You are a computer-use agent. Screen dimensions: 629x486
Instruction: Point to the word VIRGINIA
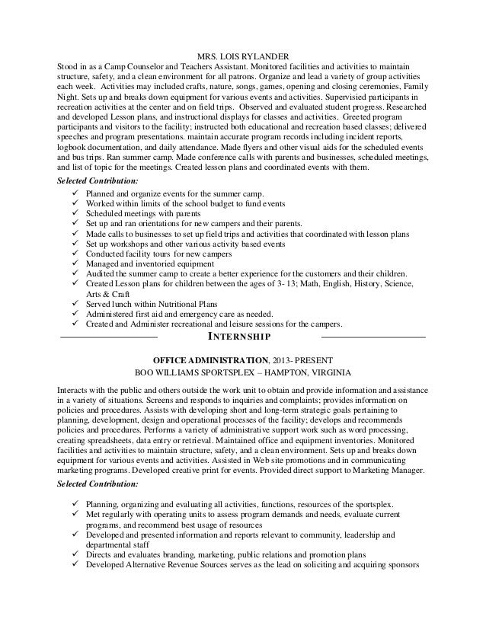tap(327, 373)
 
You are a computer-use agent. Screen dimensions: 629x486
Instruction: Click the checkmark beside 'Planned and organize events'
tap(73, 195)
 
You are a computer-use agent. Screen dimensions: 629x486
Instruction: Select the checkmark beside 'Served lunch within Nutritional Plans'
tap(73, 302)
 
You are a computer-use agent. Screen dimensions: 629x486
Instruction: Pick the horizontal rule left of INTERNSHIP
tap(108, 336)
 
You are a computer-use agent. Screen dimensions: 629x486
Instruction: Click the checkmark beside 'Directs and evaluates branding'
tap(73, 554)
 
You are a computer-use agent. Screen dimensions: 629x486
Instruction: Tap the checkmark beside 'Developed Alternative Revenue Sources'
tap(73, 564)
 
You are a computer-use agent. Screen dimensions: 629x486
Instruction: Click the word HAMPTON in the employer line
tap(293, 373)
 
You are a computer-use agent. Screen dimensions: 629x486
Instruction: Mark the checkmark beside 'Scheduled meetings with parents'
tap(73, 215)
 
